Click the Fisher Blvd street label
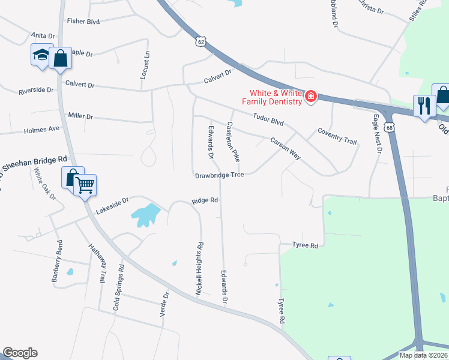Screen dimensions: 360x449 coord(83,21)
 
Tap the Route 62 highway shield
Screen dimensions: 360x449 coord(200,41)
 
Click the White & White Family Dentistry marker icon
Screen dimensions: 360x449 coord(310,97)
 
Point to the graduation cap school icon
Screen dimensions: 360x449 coord(41,56)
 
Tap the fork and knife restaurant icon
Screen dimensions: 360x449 coord(424,106)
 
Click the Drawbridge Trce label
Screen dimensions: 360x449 coord(220,176)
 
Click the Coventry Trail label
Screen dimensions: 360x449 coord(337,136)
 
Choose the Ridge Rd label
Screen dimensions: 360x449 coord(205,201)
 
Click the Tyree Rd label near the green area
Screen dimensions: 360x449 coord(305,245)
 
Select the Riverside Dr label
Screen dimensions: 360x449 coord(36,91)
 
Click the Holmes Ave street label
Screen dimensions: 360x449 coord(42,129)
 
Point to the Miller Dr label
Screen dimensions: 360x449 coord(80,116)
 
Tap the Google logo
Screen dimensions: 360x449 coord(20,353)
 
